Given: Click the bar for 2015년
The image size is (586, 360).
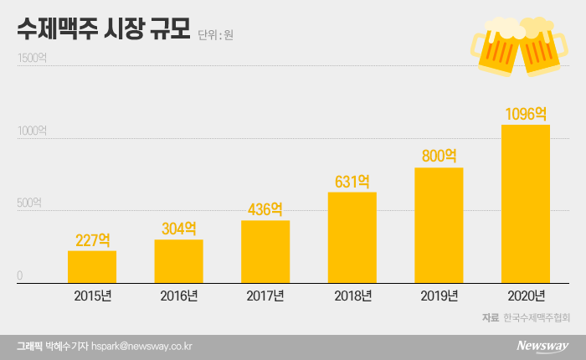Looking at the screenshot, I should click(x=92, y=267).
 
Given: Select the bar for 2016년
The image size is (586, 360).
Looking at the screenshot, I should click(x=178, y=261).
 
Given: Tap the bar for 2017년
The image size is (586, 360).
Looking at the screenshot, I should click(x=265, y=252).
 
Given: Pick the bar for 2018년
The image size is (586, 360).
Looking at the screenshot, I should click(x=352, y=238).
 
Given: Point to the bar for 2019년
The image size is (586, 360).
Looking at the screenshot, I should click(x=439, y=225).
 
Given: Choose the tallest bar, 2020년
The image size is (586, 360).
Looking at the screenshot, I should click(x=526, y=204).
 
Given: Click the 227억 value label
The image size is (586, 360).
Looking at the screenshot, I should click(x=92, y=239).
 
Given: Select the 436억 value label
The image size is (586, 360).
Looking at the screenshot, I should click(x=265, y=209).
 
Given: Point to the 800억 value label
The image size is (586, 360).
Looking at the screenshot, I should click(x=439, y=156).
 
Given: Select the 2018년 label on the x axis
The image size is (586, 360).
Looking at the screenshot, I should click(x=352, y=296).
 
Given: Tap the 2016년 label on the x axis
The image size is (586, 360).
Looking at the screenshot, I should click(x=178, y=296).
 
